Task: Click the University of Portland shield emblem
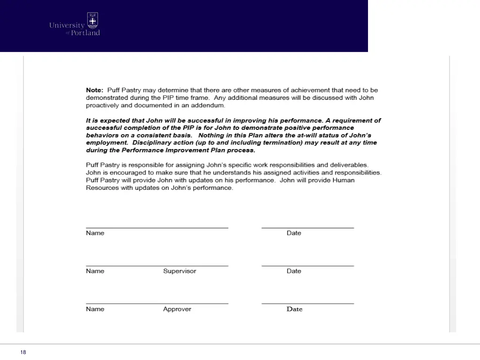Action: pyautogui.click(x=93, y=21)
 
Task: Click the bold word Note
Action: pyautogui.click(x=94, y=90)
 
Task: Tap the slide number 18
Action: pyautogui.click(x=23, y=352)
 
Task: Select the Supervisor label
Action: pyautogui.click(x=180, y=271)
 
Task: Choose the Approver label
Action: pyautogui.click(x=177, y=309)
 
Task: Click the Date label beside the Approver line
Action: pyautogui.click(x=294, y=309)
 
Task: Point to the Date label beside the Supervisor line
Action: pyautogui.click(x=294, y=271)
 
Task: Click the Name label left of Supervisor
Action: pyautogui.click(x=95, y=271)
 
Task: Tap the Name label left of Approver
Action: pyautogui.click(x=95, y=309)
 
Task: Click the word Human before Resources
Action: pyautogui.click(x=344, y=180)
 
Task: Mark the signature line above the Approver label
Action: pyautogui.click(x=157, y=303)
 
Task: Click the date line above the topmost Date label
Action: pyautogui.click(x=307, y=228)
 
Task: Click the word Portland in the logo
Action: pyautogui.click(x=85, y=33)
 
